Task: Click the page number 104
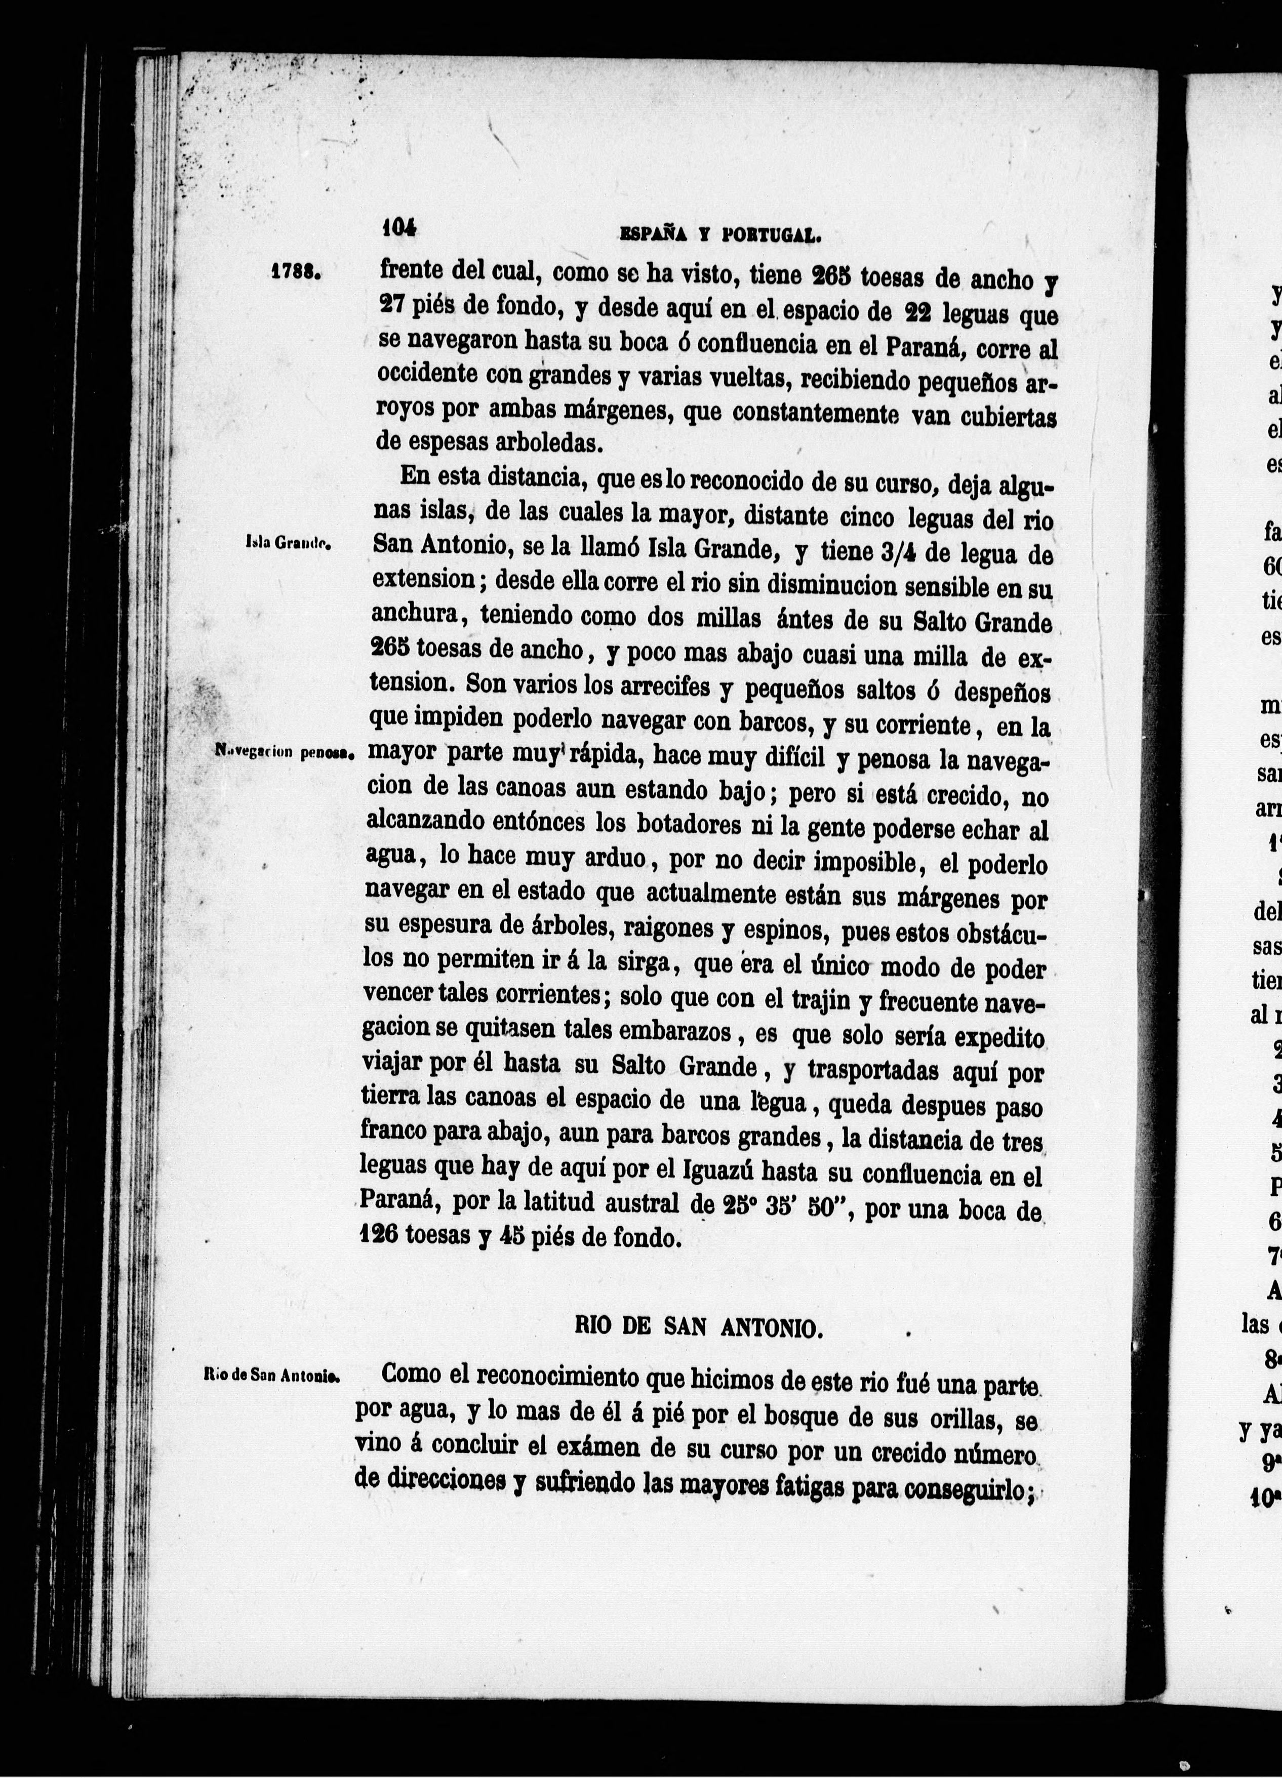[399, 228]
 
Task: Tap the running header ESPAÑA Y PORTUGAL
[720, 233]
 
